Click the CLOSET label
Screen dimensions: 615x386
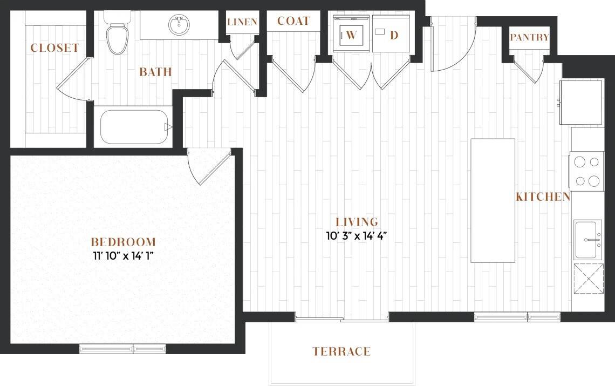click(55, 48)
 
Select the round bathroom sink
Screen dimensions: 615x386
click(179, 24)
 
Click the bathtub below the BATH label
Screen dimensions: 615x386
click(134, 126)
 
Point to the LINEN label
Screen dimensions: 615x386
click(242, 22)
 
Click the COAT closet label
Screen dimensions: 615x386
click(293, 21)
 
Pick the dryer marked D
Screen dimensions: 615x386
click(391, 34)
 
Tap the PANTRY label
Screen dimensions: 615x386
click(529, 37)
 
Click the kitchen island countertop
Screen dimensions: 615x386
click(493, 200)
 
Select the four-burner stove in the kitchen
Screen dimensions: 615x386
click(587, 171)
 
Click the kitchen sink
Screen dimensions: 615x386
click(588, 240)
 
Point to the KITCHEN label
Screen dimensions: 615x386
click(543, 197)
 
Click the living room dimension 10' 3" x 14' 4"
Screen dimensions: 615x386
click(357, 236)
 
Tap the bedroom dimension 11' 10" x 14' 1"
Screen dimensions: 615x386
click(123, 256)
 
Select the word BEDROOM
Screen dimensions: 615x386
click(123, 242)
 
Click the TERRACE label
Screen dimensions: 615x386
click(341, 351)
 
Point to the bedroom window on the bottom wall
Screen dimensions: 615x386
click(122, 349)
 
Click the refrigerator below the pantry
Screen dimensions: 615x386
click(581, 102)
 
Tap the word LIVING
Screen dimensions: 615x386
click(357, 222)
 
